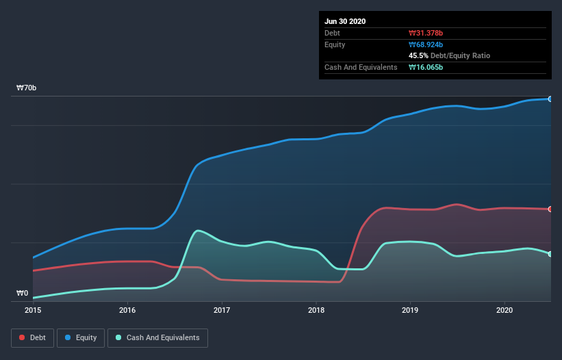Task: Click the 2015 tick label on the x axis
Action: pyautogui.click(x=33, y=310)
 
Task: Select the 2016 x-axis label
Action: pyautogui.click(x=127, y=310)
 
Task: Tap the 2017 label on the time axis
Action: pyautogui.click(x=222, y=310)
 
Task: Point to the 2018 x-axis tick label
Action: pyautogui.click(x=316, y=310)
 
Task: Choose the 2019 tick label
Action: pyautogui.click(x=410, y=310)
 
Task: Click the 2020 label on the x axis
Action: pyautogui.click(x=504, y=310)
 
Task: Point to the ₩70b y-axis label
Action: pyautogui.click(x=27, y=88)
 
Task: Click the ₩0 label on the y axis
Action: pyautogui.click(x=23, y=294)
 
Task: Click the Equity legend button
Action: pyautogui.click(x=81, y=337)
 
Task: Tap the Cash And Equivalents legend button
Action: pyautogui.click(x=157, y=337)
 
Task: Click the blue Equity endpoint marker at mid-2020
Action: pyautogui.click(x=550, y=99)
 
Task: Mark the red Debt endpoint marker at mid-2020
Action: pyautogui.click(x=550, y=209)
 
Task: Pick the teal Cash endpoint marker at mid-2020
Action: pyautogui.click(x=550, y=254)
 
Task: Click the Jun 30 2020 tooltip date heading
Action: pyautogui.click(x=345, y=21)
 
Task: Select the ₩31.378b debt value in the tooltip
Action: pyautogui.click(x=426, y=33)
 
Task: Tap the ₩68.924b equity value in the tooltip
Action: pyautogui.click(x=426, y=44)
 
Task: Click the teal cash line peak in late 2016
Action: pyautogui.click(x=198, y=231)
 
